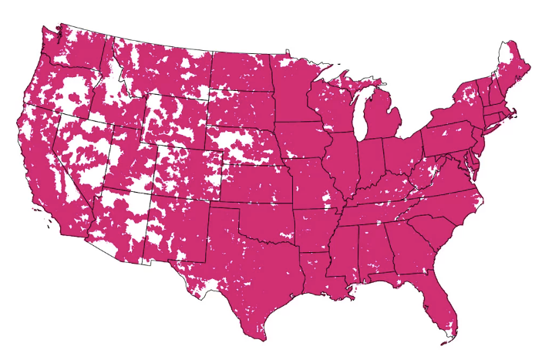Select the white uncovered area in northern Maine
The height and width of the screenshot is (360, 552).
tap(505, 54)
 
